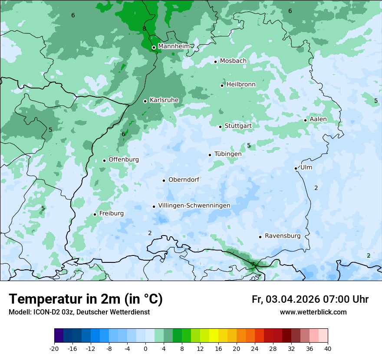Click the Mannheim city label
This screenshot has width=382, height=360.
174,46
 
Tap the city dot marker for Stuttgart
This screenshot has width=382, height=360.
221,127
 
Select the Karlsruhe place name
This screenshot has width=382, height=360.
164,100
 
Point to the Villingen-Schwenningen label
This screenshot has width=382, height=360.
194,206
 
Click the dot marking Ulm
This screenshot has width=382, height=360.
296,168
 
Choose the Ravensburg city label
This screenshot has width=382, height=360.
282,236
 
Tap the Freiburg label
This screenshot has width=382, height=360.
111,213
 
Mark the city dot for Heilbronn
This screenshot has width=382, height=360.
222,85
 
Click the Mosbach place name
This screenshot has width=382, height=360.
233,61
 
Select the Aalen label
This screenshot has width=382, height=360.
318,119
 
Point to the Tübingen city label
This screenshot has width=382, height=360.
227,154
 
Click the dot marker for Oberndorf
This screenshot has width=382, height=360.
164,180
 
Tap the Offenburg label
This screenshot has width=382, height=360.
123,160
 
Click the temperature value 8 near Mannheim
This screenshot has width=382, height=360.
144,29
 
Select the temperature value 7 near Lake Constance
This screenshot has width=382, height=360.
253,264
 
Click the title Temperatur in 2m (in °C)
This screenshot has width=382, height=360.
86,299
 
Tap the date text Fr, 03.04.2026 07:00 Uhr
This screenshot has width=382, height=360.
310,299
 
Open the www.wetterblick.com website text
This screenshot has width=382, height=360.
313,312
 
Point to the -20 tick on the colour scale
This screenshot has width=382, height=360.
54,348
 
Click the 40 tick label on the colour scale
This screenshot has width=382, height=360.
328,348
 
